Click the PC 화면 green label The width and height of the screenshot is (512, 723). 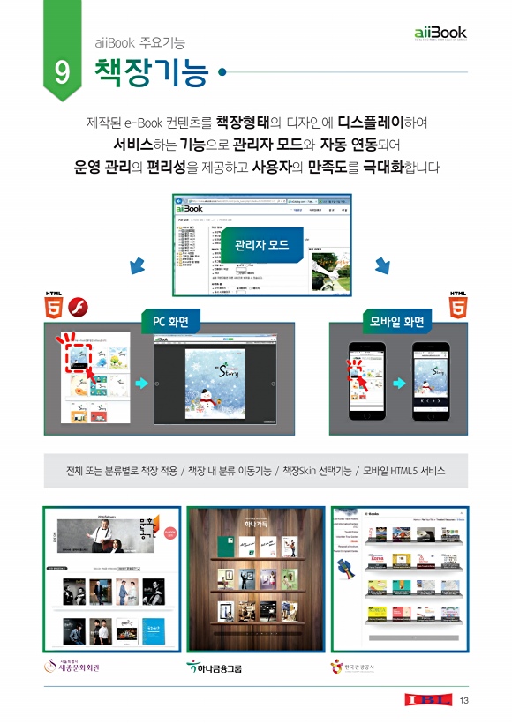pos(171,321)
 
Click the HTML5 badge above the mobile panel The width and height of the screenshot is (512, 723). pos(459,305)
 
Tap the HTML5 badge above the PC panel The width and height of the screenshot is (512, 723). pos(54,305)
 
